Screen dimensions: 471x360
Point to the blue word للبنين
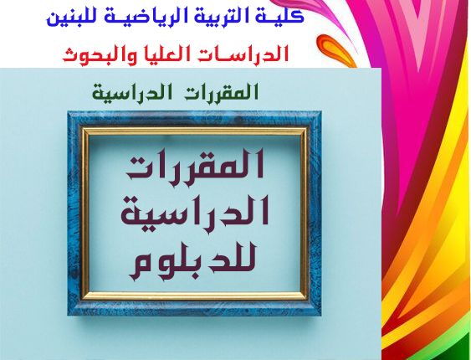[x=70, y=18]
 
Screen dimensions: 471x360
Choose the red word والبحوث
[x=95, y=55]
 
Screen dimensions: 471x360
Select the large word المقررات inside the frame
[x=195, y=164]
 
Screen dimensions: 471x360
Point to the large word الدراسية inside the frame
[x=195, y=210]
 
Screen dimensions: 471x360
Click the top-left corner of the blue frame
[x=68, y=111]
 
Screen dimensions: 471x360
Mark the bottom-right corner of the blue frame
[x=321, y=316]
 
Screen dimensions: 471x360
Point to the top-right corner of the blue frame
[x=321, y=111]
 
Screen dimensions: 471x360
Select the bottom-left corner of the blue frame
[x=68, y=316]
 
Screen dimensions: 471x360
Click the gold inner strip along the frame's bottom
[x=195, y=296]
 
